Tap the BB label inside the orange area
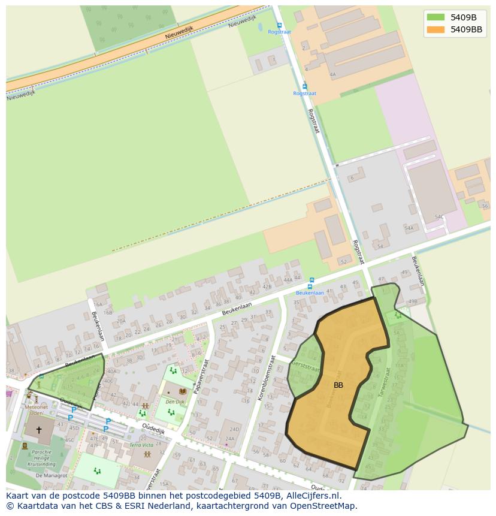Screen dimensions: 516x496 click(338, 385)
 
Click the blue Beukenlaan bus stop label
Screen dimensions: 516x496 click(310, 293)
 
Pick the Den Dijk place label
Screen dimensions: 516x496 click(175, 402)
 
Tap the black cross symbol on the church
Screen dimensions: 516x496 click(40, 430)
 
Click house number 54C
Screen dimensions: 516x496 click(439, 216)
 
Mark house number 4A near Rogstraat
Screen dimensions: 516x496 click(332, 75)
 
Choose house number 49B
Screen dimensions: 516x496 click(413, 301)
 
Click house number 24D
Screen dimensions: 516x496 click(234, 429)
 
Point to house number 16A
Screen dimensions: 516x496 click(98, 304)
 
